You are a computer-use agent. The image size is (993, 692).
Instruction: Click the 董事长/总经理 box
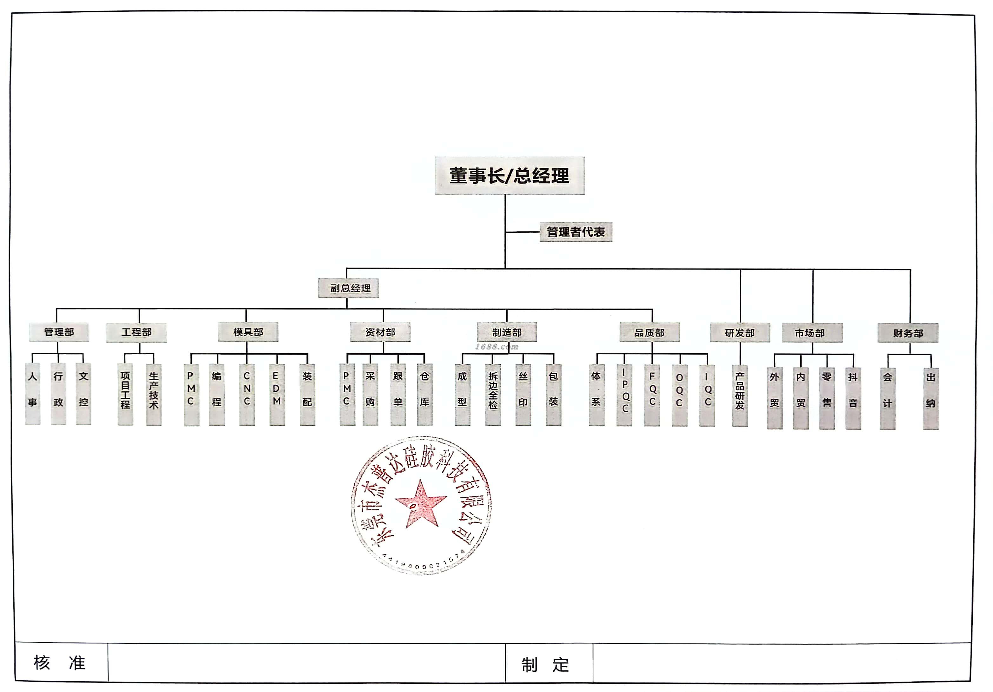(x=510, y=176)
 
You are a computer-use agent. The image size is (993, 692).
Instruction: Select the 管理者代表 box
(x=576, y=232)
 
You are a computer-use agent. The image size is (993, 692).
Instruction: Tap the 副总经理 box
(x=349, y=288)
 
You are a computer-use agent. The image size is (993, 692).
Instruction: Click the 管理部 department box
(x=59, y=332)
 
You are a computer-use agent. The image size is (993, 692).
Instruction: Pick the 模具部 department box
(x=248, y=332)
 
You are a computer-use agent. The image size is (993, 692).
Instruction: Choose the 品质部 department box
(x=649, y=333)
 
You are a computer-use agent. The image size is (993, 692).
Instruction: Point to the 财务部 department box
(x=908, y=333)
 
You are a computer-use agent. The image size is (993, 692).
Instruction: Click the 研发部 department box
(x=740, y=333)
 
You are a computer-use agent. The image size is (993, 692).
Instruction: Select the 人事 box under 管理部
(x=32, y=394)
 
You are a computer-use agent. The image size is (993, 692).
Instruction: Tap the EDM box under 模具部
(x=277, y=395)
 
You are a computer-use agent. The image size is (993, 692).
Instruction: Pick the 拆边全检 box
(x=493, y=395)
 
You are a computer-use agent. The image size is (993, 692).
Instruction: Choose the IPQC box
(x=624, y=395)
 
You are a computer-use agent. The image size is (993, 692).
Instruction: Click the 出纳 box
(x=931, y=398)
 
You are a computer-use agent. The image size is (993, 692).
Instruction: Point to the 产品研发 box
(x=740, y=395)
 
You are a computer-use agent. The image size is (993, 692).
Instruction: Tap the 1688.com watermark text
(x=496, y=346)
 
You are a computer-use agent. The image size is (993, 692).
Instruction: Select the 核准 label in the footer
(x=60, y=662)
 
